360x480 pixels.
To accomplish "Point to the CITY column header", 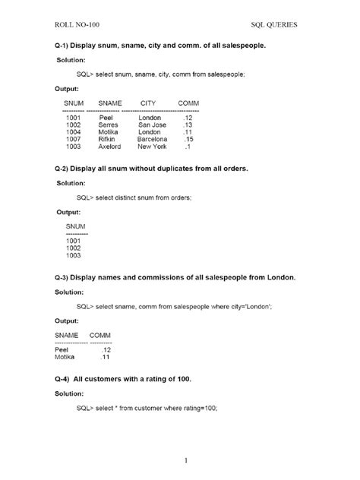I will pos(149,102).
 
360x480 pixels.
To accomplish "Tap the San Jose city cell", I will pos(151,125).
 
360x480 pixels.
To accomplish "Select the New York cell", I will pos(151,147).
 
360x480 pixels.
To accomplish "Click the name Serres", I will pos(106,125).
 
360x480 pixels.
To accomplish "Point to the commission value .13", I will pos(188,125).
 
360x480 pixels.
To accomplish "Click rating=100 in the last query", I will pos(199,409).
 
